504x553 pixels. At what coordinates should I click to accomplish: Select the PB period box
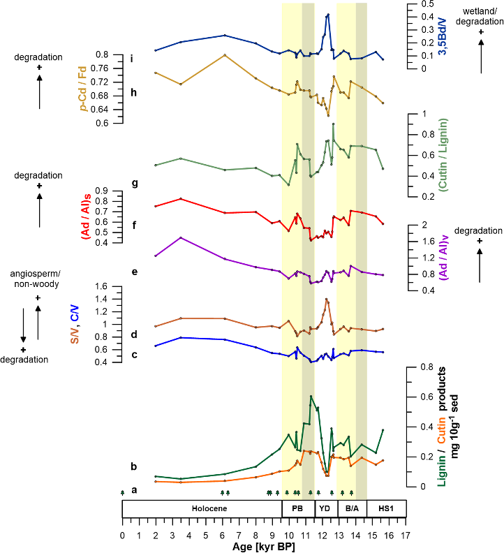click(298, 508)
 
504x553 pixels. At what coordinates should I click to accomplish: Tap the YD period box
click(325, 508)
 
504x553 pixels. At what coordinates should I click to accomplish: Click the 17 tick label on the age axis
click(406, 536)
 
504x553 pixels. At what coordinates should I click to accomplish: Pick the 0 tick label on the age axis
click(122, 536)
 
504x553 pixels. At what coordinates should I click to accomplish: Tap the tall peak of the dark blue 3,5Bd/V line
click(328, 14)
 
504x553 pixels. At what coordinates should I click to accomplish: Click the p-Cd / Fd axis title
click(84, 89)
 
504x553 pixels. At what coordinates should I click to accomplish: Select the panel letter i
click(131, 58)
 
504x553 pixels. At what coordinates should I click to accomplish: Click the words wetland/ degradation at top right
click(480, 16)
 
